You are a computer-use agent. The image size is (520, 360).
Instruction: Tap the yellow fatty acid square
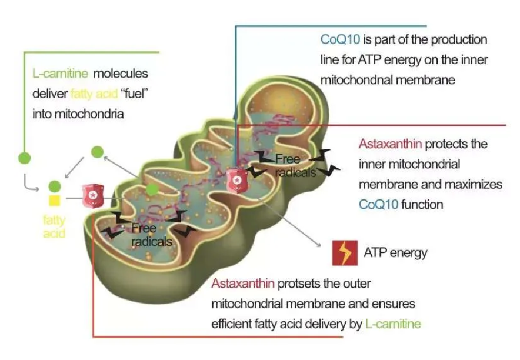tap(54, 201)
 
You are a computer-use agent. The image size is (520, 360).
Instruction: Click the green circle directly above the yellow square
tap(54, 186)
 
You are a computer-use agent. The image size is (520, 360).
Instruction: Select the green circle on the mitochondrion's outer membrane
tap(152, 189)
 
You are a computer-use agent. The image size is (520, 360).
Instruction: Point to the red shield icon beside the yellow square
tap(92, 194)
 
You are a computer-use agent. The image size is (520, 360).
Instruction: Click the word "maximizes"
tap(474, 184)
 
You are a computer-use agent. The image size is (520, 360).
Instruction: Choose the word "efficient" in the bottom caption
tap(234, 324)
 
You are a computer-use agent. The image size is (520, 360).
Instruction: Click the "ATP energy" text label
tap(395, 253)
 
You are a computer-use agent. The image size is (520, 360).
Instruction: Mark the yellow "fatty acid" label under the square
tap(54, 227)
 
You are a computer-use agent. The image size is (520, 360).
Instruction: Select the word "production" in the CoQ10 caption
tap(459, 40)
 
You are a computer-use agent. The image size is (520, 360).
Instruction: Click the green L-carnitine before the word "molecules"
tap(61, 74)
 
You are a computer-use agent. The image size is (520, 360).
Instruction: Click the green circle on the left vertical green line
tap(24, 158)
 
